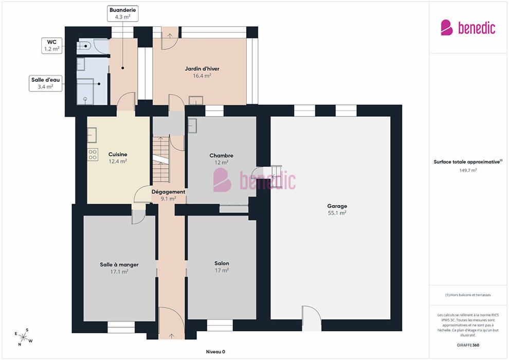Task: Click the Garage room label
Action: pos(337,206)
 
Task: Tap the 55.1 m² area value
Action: pos(337,213)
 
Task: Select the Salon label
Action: pos(222,263)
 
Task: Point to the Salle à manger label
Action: pos(119,264)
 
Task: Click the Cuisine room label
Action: pos(118,154)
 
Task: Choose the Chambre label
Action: pos(222,155)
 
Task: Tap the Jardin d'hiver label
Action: pos(202,68)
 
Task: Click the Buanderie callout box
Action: pos(123,13)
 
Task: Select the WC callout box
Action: pos(52,45)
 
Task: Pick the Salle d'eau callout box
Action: pos(45,83)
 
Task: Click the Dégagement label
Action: pos(169,192)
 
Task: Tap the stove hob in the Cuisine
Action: pos(93,154)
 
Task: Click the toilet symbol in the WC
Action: pos(83,46)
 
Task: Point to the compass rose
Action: pos(23,337)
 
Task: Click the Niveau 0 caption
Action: pos(215,352)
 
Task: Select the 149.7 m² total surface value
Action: pos(468,170)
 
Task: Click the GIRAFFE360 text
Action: pos(468,345)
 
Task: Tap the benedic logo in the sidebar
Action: pos(468,28)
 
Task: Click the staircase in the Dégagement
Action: pos(161,159)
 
